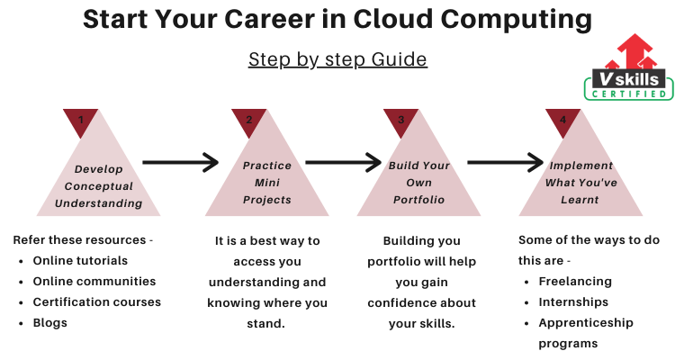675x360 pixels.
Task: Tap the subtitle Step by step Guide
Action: [x=337, y=59]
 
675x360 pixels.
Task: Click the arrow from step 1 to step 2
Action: [x=181, y=162]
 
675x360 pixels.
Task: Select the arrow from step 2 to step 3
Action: [x=344, y=162]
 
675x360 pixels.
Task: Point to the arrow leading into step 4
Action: [x=506, y=162]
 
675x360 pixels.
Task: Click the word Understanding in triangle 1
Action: [x=99, y=203]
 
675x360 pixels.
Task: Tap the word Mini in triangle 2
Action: [x=267, y=183]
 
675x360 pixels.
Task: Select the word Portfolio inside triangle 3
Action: [x=418, y=200]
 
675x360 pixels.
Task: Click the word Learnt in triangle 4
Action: [x=580, y=200]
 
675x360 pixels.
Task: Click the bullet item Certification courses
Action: [x=97, y=301]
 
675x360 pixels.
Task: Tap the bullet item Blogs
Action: [x=49, y=323]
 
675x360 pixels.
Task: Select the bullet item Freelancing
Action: [x=575, y=282]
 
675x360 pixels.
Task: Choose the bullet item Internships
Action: [x=573, y=302]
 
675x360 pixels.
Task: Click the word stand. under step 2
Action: [x=266, y=323]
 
